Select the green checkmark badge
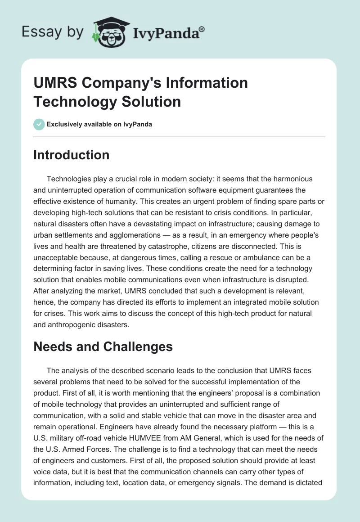point(39,124)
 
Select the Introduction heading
point(72,155)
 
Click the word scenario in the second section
point(153,370)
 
